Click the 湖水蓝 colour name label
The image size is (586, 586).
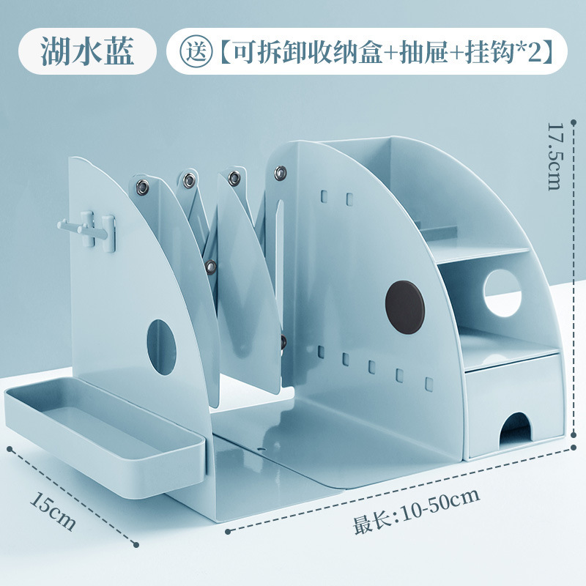(x=87, y=51)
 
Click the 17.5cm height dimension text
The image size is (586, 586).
(x=555, y=157)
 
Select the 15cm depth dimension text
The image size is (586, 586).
(x=53, y=510)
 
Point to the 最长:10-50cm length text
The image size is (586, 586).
(x=417, y=510)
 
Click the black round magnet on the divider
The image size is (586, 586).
(x=405, y=306)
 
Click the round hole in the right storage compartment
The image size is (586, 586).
(x=502, y=293)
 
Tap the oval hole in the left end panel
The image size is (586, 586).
(x=161, y=346)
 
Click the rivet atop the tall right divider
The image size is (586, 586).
(x=280, y=174)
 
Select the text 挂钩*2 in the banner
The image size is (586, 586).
(x=501, y=51)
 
